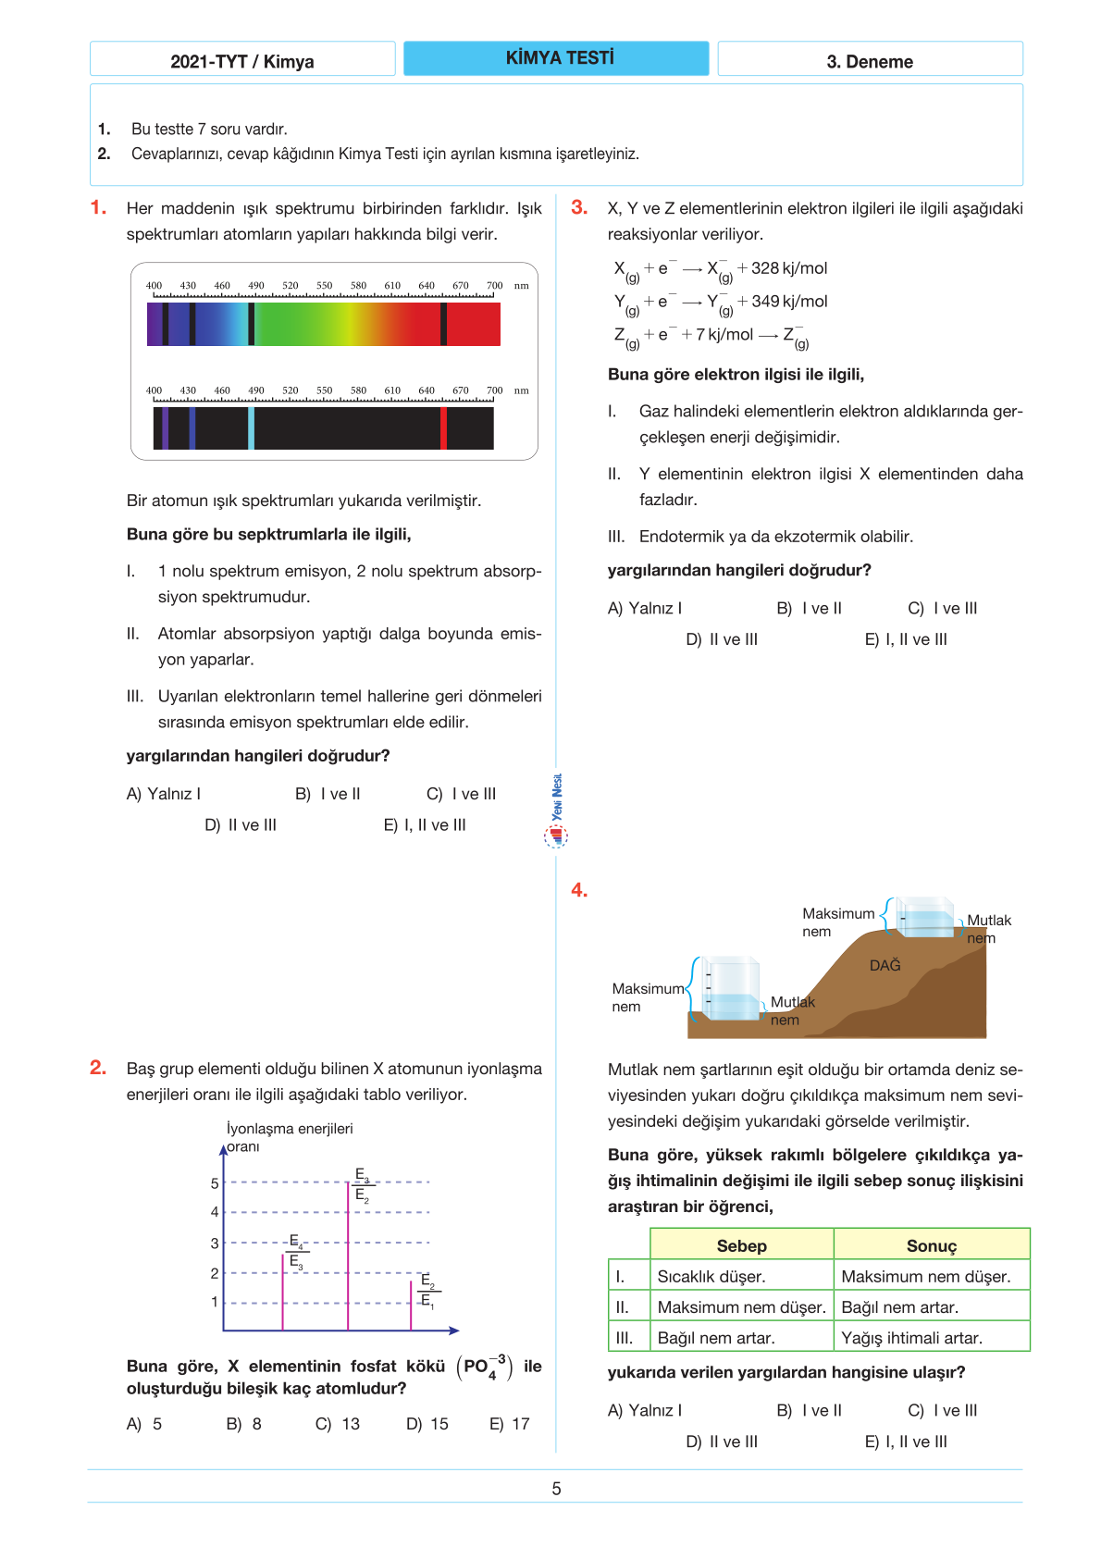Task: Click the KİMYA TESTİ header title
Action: (x=559, y=58)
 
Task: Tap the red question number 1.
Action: (x=98, y=207)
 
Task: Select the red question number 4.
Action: (x=579, y=890)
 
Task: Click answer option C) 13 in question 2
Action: (x=338, y=1424)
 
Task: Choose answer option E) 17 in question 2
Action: (x=510, y=1424)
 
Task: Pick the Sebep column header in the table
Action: (x=741, y=1245)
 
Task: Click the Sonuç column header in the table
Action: (x=931, y=1245)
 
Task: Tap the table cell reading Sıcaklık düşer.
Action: (x=711, y=1276)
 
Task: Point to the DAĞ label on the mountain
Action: (x=885, y=965)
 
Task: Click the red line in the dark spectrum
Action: (x=444, y=428)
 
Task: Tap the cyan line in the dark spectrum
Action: (x=252, y=428)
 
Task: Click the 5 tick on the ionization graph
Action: (x=215, y=1182)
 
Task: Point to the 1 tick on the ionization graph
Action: (x=215, y=1302)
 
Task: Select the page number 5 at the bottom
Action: (x=556, y=1489)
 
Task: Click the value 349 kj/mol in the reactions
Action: (x=789, y=302)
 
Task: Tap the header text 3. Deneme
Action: (x=870, y=62)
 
